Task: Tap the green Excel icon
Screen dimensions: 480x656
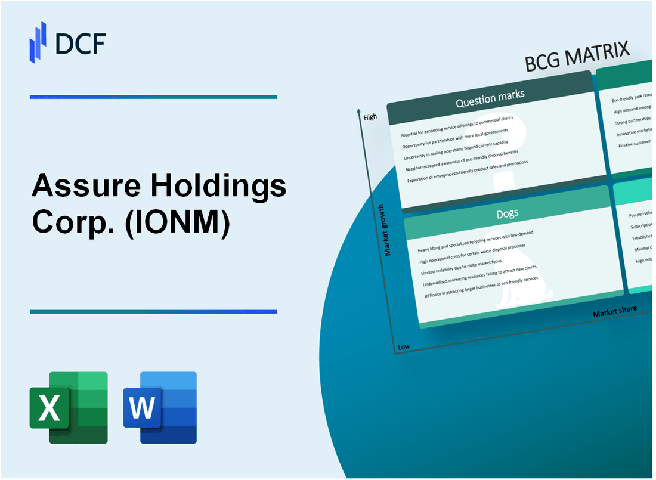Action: pos(69,408)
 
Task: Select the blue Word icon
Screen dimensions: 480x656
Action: pos(160,408)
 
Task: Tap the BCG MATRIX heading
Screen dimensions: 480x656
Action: pos(577,58)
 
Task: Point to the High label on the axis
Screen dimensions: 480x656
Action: pos(370,117)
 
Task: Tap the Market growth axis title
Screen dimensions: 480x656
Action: pos(388,230)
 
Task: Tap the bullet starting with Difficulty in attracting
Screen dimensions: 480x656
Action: pos(482,287)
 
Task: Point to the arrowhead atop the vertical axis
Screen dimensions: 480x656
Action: pos(359,111)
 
